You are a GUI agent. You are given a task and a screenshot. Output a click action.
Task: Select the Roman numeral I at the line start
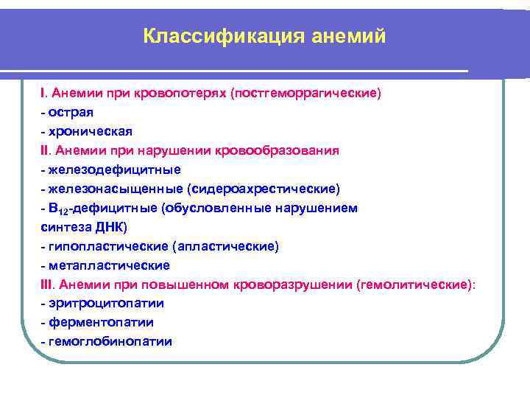[x=43, y=94]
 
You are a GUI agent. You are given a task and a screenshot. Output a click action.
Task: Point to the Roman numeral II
[x=45, y=150]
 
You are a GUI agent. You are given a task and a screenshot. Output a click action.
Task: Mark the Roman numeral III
[x=47, y=284]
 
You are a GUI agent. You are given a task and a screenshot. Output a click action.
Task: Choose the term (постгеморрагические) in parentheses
[x=305, y=94]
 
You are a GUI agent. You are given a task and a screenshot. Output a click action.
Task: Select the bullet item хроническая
[x=91, y=131]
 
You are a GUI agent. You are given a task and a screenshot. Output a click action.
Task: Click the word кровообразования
[x=278, y=150]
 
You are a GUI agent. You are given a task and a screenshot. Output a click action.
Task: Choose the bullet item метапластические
[x=110, y=265]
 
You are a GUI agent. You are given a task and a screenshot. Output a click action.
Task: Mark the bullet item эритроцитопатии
[x=107, y=304]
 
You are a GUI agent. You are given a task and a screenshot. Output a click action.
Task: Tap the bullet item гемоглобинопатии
[x=111, y=342]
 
